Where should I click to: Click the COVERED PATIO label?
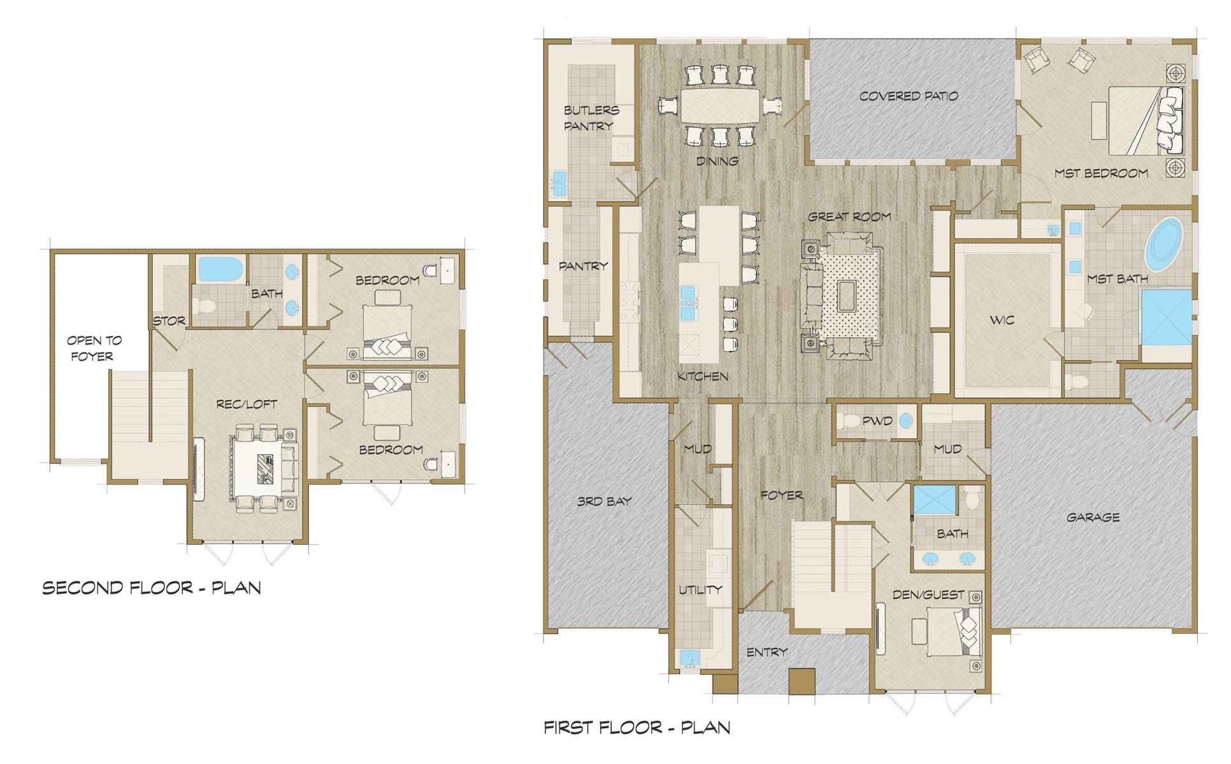(x=908, y=96)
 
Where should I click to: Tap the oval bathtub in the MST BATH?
(x=1163, y=245)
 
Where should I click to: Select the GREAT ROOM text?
(x=849, y=217)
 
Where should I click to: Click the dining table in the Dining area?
(x=720, y=106)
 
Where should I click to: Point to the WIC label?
(x=1002, y=320)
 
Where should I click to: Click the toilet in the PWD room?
(x=850, y=421)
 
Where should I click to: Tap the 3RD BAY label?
(x=604, y=501)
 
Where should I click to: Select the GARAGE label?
(x=1093, y=517)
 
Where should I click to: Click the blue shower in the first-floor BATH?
(x=935, y=500)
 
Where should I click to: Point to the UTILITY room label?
(x=700, y=589)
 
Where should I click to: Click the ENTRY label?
(x=767, y=652)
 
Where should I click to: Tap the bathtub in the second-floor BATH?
(x=220, y=270)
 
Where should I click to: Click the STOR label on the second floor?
(x=169, y=321)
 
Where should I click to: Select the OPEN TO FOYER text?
(x=94, y=348)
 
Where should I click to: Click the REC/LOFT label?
(x=247, y=404)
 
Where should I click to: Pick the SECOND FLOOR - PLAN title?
(x=152, y=587)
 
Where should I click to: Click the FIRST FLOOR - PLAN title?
(x=637, y=727)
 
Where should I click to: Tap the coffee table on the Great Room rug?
(x=847, y=296)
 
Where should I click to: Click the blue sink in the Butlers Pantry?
(x=559, y=183)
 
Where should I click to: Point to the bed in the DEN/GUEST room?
(x=954, y=631)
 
